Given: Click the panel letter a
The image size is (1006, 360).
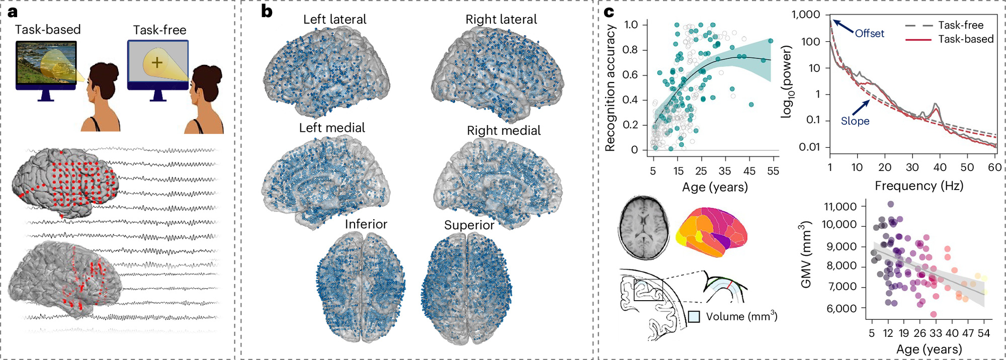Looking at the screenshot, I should pos(13,12).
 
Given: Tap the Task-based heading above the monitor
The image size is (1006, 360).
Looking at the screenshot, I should pos(48,30).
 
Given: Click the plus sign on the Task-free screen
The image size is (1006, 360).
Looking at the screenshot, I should pos(157,62).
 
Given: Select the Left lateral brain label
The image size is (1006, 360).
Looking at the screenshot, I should pos(334,20).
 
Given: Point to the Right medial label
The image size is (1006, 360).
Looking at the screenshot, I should pos(504,131).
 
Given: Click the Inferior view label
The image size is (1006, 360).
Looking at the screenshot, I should pos(366,224).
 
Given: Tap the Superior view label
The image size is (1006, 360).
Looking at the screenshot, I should pos(469,225).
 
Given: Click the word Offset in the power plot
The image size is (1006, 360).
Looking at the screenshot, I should pos(869,34).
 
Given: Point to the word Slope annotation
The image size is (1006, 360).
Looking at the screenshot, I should pos(855,121).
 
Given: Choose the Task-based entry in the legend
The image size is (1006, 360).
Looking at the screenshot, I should pos(965,39).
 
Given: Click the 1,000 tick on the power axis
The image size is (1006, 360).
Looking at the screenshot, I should pos(806,15).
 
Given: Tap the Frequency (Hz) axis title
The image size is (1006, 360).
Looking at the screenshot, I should pos(918,186).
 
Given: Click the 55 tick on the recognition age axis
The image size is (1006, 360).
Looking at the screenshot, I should pos(773,171).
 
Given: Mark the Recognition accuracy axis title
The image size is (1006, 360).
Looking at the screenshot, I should pos(610,88).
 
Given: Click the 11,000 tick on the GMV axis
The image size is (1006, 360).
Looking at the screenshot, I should pos(840,207).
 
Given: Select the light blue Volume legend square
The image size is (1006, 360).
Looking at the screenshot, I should pos(694,317).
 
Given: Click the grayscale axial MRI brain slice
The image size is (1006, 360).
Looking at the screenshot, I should pos(643,227).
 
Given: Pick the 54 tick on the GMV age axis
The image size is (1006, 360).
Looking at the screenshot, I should pos(984,333).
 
